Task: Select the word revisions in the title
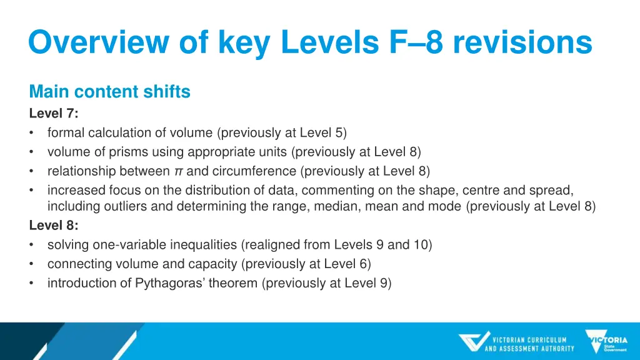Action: pos(522,43)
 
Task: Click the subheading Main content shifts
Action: pos(109,92)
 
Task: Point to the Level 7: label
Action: pos(54,113)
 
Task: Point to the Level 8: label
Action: pos(54,226)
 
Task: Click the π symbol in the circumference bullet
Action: pos(179,171)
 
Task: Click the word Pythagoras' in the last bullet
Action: pos(166,282)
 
